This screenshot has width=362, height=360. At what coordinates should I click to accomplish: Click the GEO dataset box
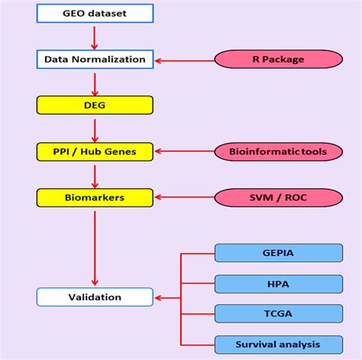click(x=95, y=13)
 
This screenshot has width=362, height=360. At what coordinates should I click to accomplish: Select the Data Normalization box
click(x=95, y=59)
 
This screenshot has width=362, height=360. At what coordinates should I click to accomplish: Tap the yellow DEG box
click(x=95, y=105)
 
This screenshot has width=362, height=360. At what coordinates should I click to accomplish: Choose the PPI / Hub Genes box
click(x=95, y=151)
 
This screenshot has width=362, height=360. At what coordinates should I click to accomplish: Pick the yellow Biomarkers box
click(x=95, y=197)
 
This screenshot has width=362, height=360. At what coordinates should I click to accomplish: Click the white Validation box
click(x=95, y=297)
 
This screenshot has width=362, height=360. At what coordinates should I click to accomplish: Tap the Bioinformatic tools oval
click(x=278, y=151)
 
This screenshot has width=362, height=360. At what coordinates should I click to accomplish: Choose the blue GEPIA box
click(x=278, y=253)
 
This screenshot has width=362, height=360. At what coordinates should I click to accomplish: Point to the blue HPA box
click(x=278, y=283)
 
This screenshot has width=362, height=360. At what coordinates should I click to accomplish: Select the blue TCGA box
click(x=278, y=313)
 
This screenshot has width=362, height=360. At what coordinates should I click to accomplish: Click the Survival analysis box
click(x=278, y=344)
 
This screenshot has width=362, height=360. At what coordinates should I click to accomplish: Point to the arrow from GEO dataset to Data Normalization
click(x=95, y=36)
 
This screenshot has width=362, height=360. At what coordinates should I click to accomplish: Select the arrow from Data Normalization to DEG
click(x=95, y=82)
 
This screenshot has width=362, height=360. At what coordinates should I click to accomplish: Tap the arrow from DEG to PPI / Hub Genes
click(x=95, y=128)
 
